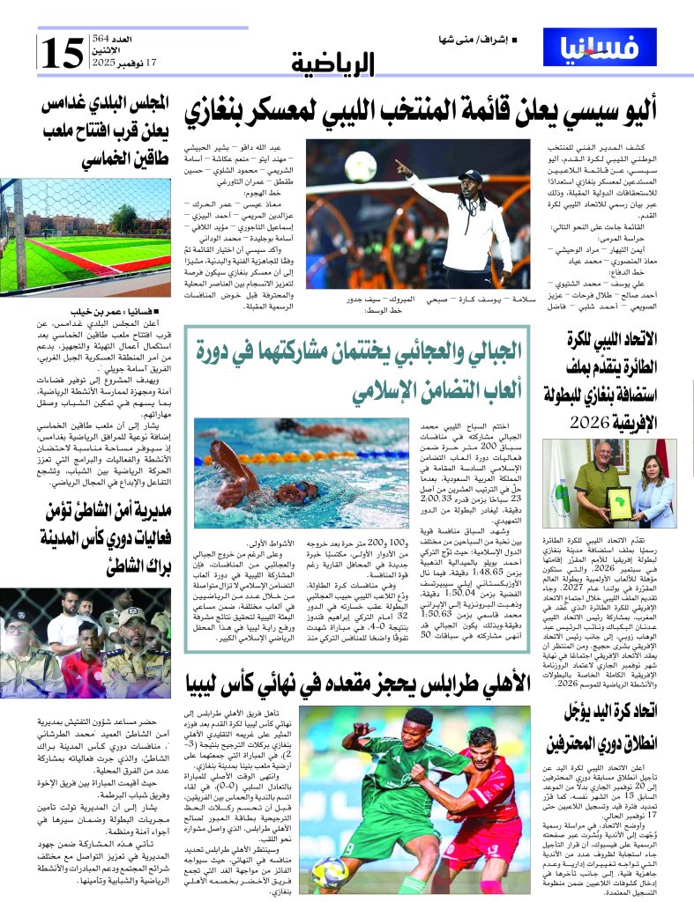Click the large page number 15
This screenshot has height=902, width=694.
62,53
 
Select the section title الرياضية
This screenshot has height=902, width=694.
333,63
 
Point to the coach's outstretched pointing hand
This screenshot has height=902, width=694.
401,166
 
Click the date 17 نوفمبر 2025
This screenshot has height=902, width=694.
123,63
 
